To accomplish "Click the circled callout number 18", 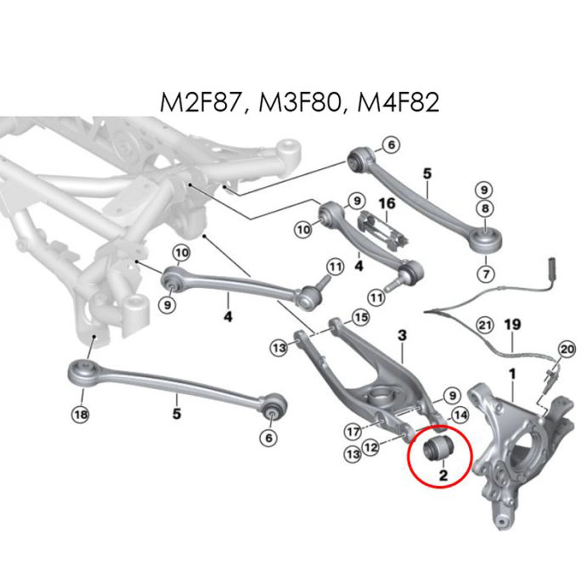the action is pos(81,414).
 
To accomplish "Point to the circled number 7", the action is pos(486,274).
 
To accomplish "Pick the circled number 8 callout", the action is pos(485,208).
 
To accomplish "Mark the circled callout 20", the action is pos(566,349).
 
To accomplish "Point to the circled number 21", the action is pos(485,326).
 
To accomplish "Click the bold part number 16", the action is pos(387,204).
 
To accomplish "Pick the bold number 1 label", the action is pos(512,374).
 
